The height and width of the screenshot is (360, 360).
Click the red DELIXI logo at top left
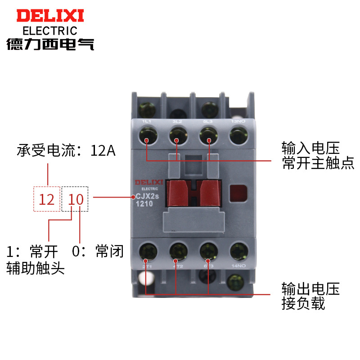pos(50,16)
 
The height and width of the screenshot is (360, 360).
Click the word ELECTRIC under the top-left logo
pos(50,31)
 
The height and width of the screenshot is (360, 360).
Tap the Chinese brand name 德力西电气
pos(50,44)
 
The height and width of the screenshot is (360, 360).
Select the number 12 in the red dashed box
pos(47,199)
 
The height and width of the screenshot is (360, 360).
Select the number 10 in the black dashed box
pos(76,199)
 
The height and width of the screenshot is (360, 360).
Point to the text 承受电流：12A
pos(67,151)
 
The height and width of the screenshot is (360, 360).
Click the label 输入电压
pos(310,148)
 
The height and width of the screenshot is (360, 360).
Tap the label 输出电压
pos(310,288)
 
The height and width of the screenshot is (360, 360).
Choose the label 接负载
pos(303,303)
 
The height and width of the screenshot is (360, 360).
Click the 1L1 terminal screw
pos(148,134)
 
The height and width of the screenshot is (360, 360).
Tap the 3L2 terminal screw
pos(177,134)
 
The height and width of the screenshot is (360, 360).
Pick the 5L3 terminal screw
pos(207,134)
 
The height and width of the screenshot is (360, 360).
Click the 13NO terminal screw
pos(237,134)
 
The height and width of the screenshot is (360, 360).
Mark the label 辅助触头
pos(36,268)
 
